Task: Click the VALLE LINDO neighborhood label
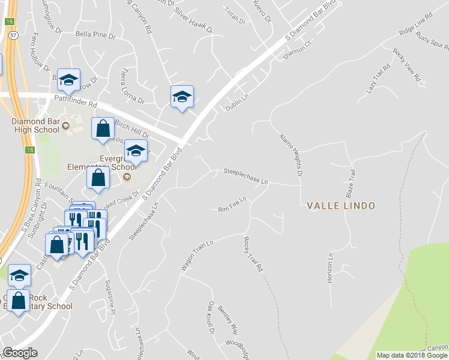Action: (340, 206)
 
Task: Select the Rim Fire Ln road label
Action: (232, 204)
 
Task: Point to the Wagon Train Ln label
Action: (196, 254)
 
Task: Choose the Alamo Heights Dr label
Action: (289, 155)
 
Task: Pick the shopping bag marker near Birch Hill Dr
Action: (103, 128)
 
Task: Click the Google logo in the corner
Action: (20, 353)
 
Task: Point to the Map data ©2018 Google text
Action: (412, 355)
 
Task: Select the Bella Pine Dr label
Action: (95, 36)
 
